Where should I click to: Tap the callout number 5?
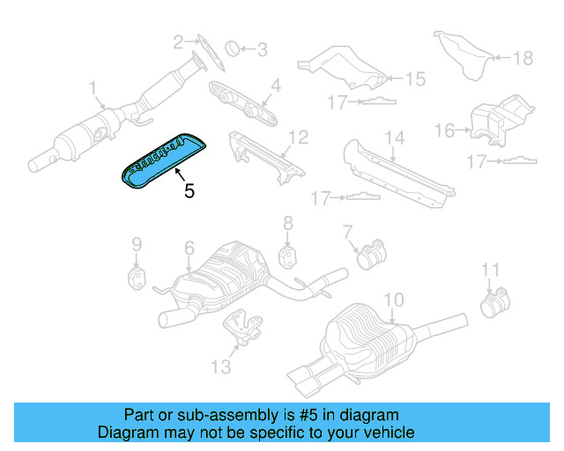(189, 189)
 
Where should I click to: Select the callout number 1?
(92, 87)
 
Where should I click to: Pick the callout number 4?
(275, 85)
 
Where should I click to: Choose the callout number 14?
(394, 137)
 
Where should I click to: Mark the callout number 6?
(189, 250)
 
